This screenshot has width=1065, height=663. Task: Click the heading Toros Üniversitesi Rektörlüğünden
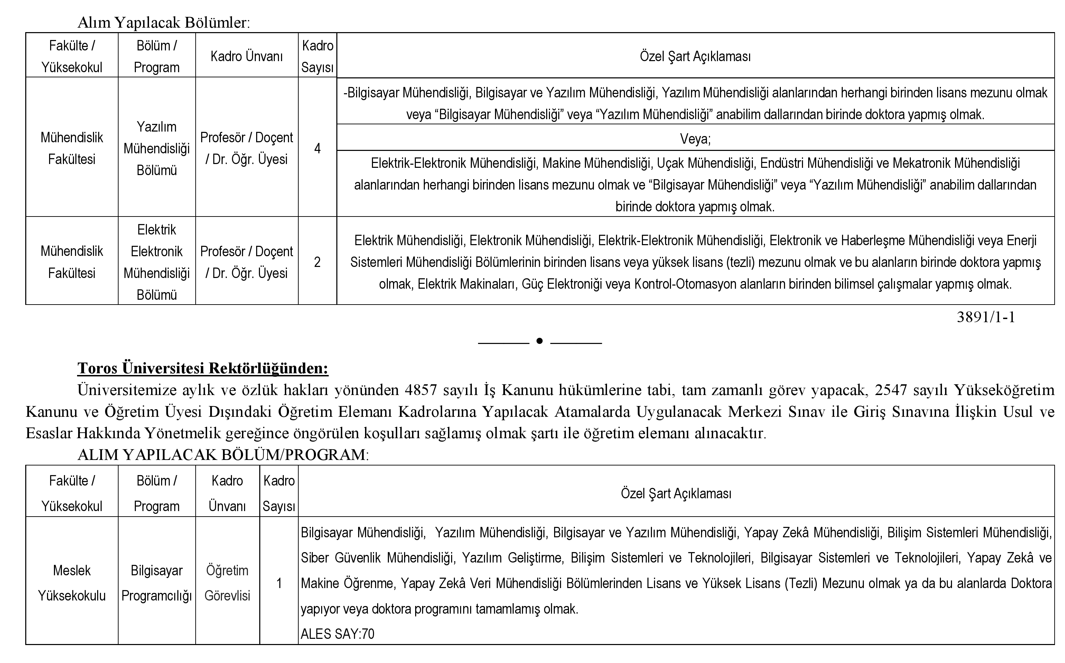(203, 368)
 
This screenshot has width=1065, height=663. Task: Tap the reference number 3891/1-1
(985, 317)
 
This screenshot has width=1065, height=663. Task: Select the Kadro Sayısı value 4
(317, 148)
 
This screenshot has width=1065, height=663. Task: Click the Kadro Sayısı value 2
(317, 262)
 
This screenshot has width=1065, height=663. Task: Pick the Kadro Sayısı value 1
(279, 583)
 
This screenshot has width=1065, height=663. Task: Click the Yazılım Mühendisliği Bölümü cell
(157, 148)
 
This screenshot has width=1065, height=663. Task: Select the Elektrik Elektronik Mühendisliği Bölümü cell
(157, 262)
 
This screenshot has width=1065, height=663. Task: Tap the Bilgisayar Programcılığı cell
(157, 583)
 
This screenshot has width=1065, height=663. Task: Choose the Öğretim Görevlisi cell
(227, 583)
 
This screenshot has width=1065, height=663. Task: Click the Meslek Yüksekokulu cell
(72, 583)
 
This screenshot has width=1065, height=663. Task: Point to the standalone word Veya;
(695, 139)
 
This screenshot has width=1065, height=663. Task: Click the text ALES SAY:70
(337, 634)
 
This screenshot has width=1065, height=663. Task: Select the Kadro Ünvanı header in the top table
(246, 56)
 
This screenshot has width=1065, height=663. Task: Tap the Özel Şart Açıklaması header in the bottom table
(676, 493)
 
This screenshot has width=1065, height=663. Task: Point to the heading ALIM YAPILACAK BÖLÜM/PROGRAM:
(223, 455)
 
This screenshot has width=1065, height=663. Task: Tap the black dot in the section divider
(539, 341)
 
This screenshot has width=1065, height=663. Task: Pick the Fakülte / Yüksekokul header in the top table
(72, 56)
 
